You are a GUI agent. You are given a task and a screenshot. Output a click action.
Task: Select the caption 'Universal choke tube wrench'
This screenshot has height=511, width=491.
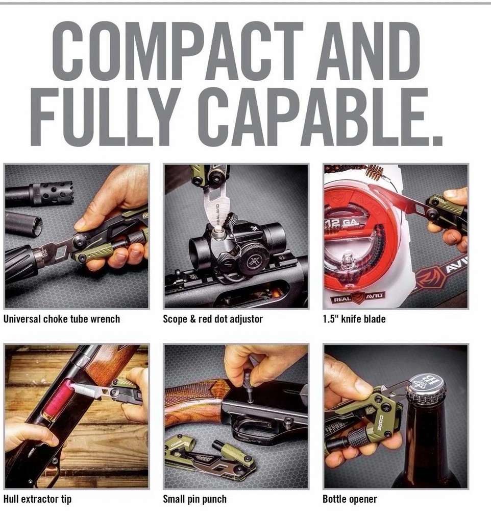point(62,319)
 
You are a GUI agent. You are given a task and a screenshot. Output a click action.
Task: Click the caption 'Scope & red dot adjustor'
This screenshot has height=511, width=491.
point(213,319)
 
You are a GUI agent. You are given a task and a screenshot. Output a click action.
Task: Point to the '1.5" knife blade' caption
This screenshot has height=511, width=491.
point(354,319)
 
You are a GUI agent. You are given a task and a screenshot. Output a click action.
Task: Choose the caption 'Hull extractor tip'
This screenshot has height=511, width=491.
point(38,499)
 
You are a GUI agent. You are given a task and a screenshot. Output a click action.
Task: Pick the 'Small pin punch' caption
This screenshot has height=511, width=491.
point(194,499)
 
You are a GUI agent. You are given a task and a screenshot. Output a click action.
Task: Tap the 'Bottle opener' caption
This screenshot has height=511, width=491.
point(350,499)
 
